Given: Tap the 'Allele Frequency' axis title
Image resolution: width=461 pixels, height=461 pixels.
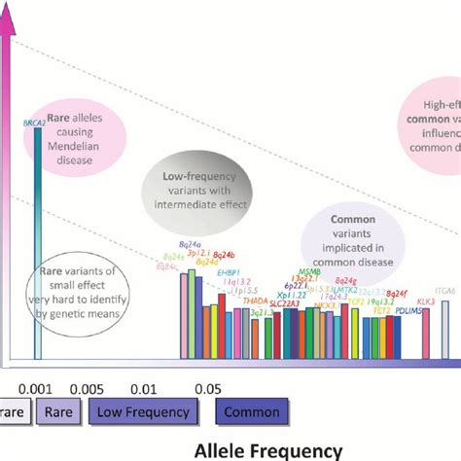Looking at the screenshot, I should coord(268,449).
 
